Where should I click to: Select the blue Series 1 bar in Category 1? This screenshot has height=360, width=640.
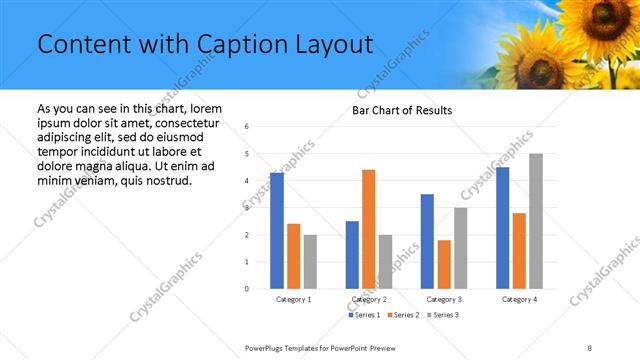[277, 231]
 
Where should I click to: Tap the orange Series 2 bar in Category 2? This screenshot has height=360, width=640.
[368, 229]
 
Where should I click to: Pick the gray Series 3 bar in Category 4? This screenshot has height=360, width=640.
[536, 221]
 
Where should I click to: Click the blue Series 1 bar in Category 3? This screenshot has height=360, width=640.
[428, 241]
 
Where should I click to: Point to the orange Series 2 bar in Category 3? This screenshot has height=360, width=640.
[444, 264]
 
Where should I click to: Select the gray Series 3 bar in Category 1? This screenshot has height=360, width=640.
[310, 262]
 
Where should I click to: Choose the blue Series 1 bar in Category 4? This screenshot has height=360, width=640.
[502, 228]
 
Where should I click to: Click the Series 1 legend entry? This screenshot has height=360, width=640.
[364, 315]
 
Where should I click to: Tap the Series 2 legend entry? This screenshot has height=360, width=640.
[403, 315]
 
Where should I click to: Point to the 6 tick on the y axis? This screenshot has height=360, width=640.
[246, 127]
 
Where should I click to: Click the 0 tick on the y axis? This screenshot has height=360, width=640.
[246, 289]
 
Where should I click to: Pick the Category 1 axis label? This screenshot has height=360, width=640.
[294, 299]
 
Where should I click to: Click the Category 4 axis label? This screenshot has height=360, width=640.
[519, 299]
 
